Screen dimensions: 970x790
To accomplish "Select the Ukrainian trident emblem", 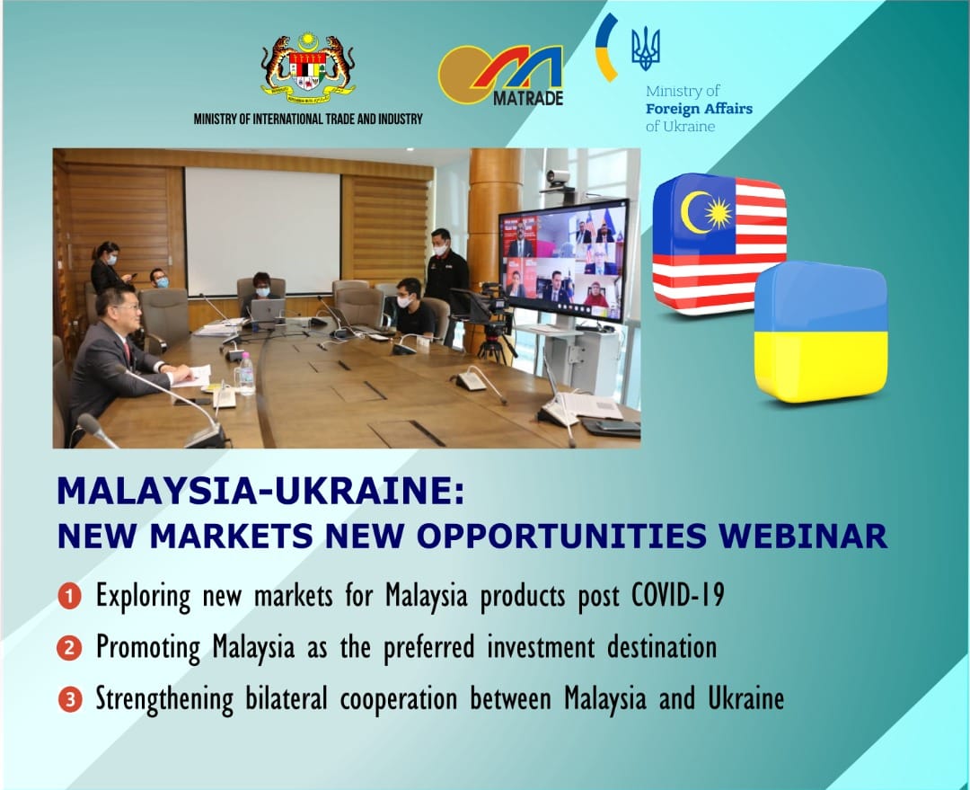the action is [646, 49].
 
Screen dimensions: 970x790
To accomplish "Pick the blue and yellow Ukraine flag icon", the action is [822, 332].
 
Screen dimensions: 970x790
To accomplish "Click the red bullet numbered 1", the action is [70, 597].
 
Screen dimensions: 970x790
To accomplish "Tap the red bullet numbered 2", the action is [70, 648].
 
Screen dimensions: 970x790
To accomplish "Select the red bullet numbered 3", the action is [70, 700].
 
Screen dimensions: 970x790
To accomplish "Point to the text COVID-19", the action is [677, 596].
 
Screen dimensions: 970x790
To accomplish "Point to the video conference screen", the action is [563, 261].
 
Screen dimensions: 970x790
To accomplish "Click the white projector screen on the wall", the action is [263, 231].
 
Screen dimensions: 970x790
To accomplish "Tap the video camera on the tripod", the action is [492, 307].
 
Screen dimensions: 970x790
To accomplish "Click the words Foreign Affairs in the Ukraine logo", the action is [699, 109].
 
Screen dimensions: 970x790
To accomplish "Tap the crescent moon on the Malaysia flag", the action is [692, 211].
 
